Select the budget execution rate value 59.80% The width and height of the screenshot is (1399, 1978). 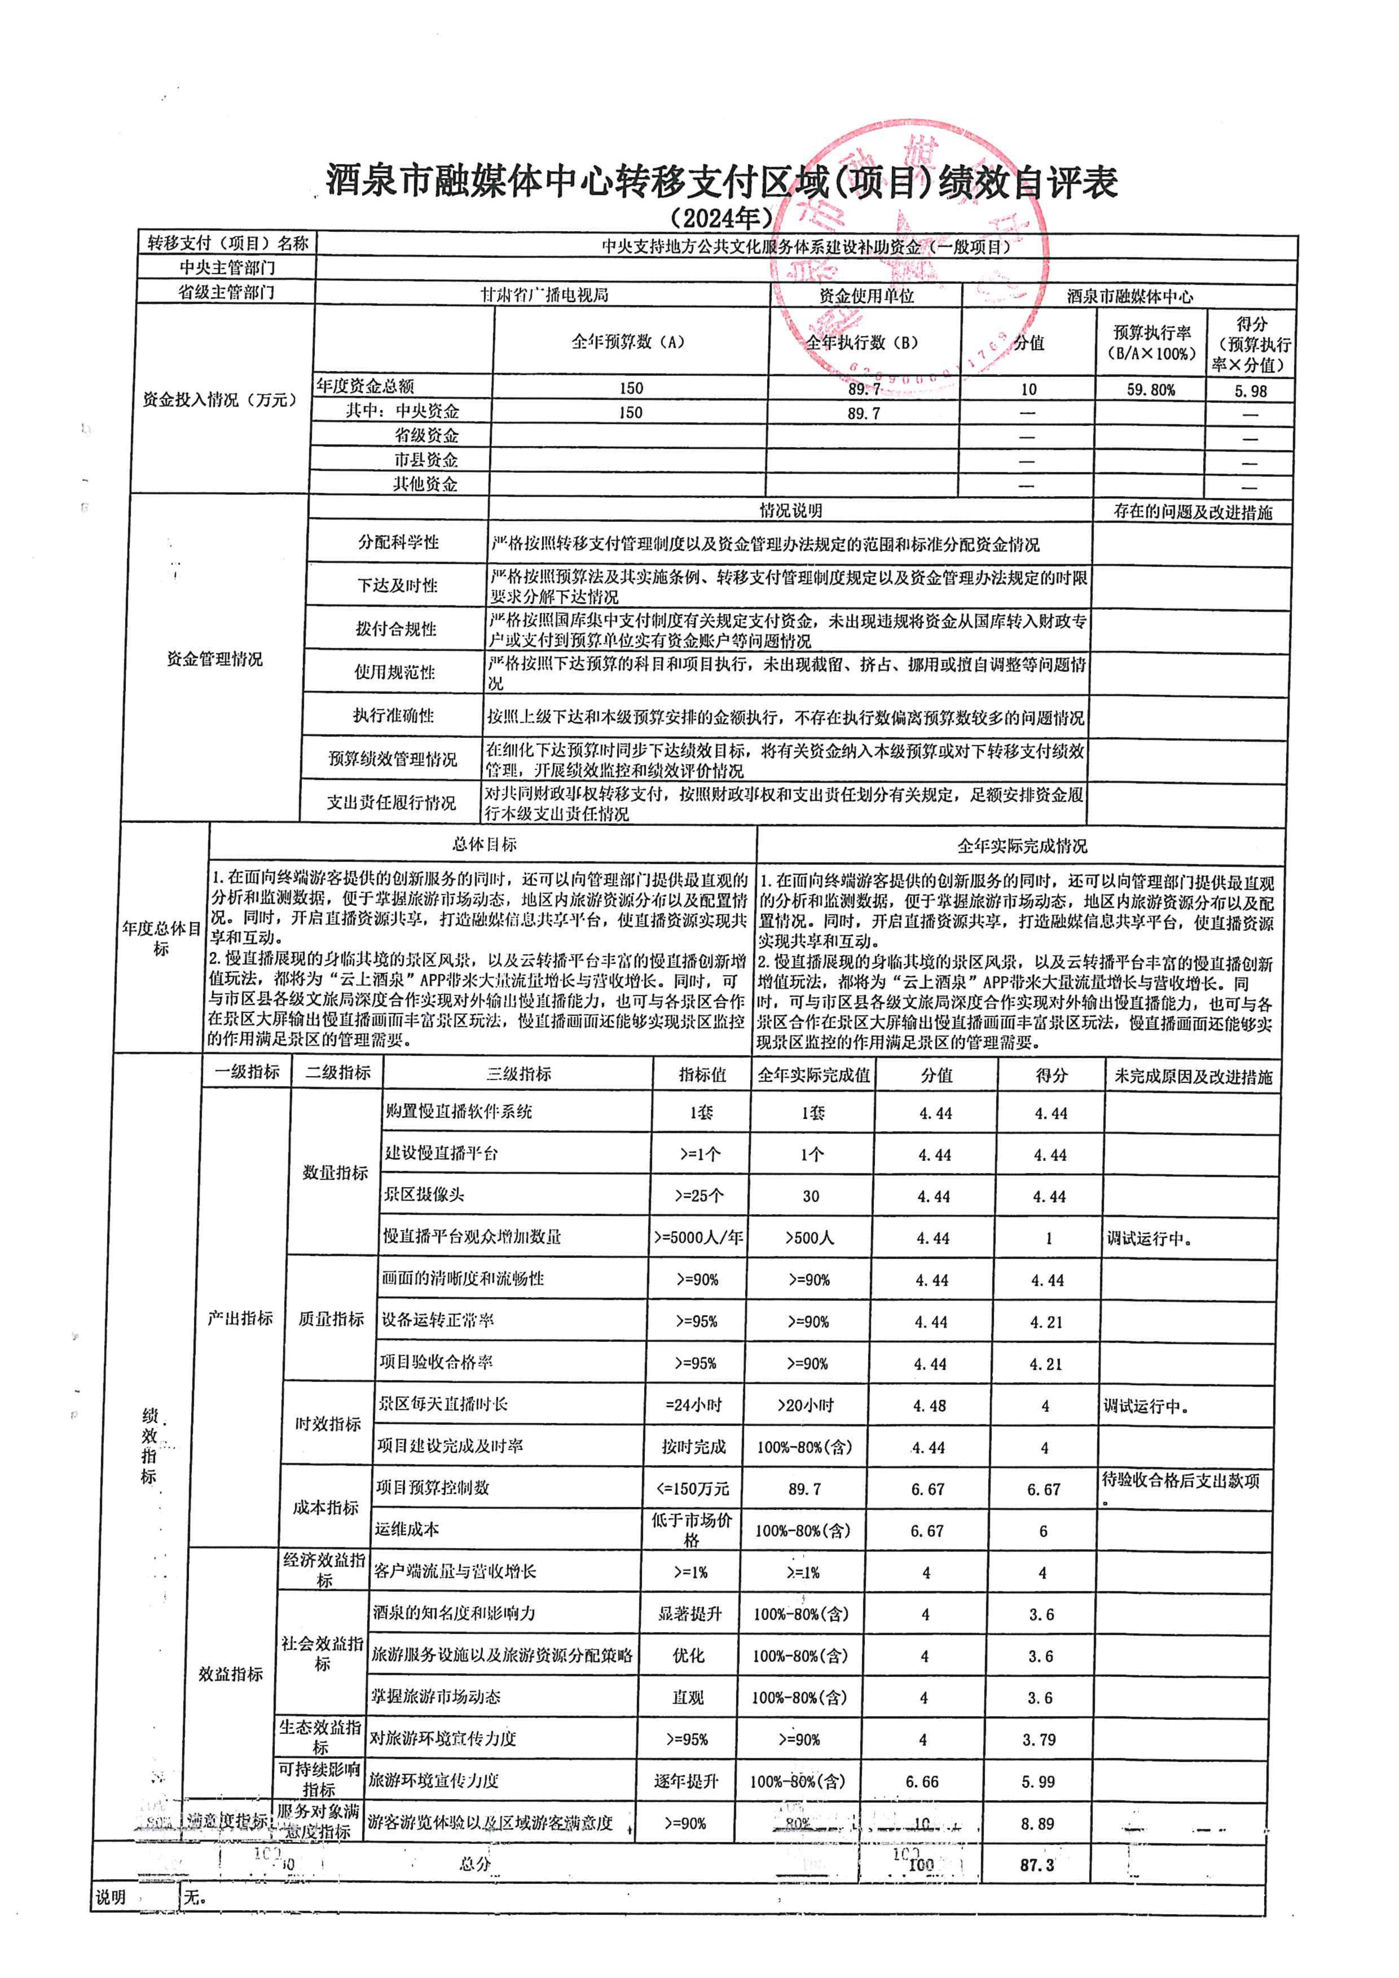click(1150, 389)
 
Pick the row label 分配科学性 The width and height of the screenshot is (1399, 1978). click(398, 543)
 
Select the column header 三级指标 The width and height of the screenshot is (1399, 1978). click(519, 1073)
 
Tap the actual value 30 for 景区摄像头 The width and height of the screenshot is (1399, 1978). click(811, 1196)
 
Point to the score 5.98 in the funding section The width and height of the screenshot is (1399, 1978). click(1250, 390)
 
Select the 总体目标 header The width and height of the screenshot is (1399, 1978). click(484, 844)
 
